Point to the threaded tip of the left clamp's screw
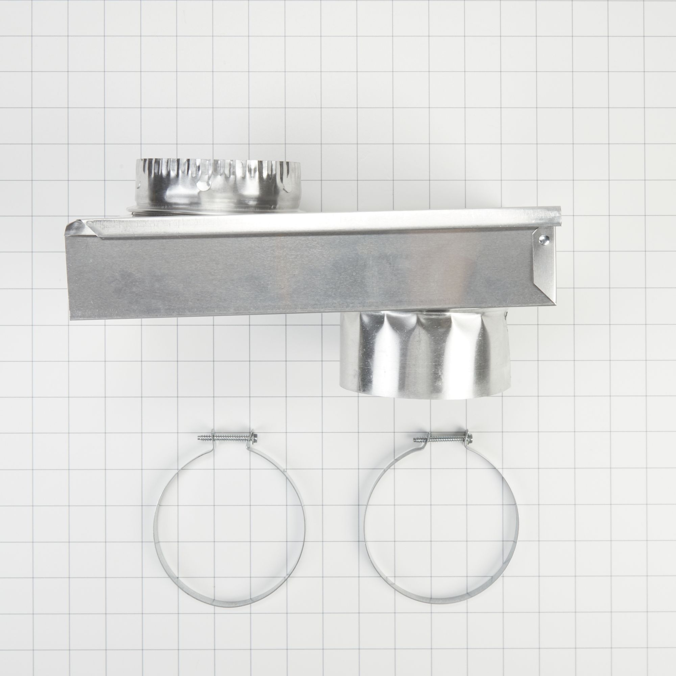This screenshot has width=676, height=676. [199, 437]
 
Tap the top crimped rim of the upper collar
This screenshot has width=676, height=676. [217, 159]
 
